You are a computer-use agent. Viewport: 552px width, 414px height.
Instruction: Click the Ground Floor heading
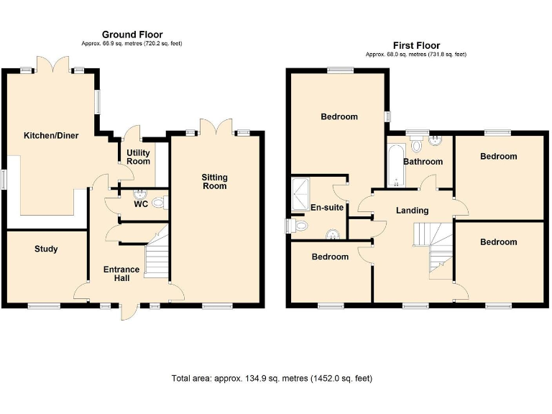[132, 34]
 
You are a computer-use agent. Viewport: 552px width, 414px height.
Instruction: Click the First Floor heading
[416, 45]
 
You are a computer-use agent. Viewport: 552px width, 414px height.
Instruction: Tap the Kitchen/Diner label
[51, 135]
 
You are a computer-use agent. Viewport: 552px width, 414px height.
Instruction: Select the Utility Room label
[139, 157]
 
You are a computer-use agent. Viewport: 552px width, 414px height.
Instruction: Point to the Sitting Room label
[214, 181]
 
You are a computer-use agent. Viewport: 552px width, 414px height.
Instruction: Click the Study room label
[46, 249]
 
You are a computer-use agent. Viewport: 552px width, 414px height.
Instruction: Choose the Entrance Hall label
[121, 275]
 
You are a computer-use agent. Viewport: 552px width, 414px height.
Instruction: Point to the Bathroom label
[423, 162]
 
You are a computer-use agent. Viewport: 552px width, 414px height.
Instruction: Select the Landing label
[413, 211]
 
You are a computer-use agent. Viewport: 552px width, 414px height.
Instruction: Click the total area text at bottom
[272, 378]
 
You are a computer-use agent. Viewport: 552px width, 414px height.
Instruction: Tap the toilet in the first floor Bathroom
[416, 140]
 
